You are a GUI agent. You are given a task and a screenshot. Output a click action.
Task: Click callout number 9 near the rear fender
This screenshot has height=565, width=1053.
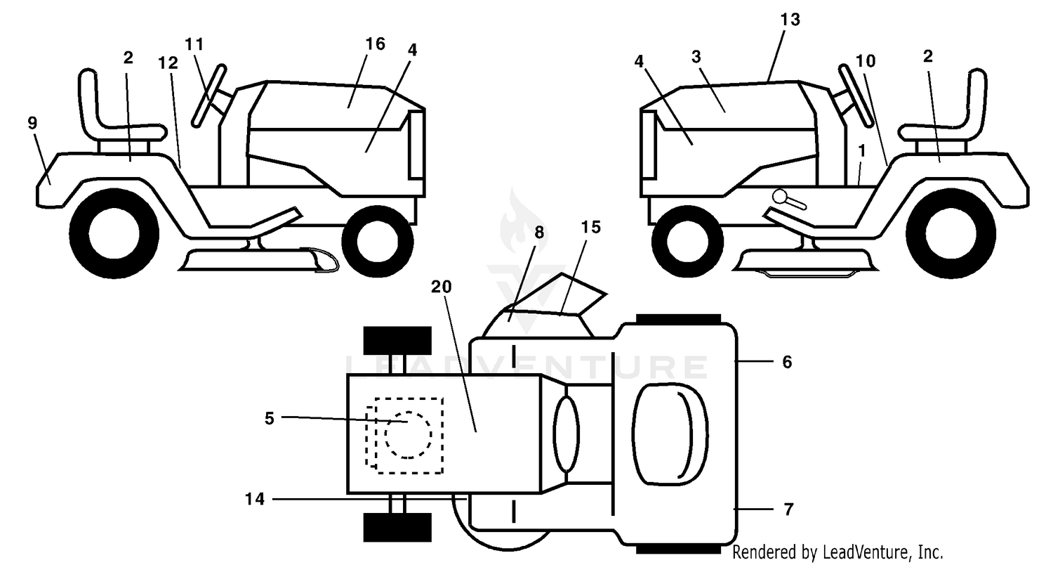point(32,123)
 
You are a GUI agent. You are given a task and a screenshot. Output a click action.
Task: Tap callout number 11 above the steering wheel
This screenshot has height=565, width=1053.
point(194,44)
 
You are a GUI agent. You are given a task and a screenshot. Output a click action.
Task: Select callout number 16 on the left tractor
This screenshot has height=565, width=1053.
point(375,44)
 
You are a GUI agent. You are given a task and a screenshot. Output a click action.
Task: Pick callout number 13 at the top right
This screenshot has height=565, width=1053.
point(790,19)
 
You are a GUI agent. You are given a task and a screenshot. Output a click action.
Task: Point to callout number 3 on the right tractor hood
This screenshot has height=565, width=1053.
point(696,57)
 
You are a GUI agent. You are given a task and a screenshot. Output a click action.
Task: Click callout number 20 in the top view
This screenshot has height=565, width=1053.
point(441,287)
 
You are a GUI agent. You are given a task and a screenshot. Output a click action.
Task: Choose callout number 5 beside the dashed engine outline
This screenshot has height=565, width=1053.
point(269,418)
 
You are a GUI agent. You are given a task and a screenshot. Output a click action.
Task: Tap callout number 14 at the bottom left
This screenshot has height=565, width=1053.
point(255,499)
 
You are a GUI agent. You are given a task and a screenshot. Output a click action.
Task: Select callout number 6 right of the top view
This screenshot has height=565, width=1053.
point(787,362)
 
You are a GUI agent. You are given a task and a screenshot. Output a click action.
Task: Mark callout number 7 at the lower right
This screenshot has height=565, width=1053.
point(788,509)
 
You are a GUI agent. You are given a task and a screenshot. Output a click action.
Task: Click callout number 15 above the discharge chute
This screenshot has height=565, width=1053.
point(590,227)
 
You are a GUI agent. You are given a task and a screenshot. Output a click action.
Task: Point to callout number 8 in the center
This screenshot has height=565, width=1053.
point(538,233)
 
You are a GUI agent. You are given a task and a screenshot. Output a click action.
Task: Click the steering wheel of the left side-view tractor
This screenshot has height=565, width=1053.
point(210,96)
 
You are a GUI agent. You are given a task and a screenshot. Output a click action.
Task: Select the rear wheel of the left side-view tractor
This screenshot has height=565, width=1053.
point(114,233)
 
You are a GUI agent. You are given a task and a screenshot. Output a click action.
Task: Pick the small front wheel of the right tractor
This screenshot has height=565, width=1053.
point(683,241)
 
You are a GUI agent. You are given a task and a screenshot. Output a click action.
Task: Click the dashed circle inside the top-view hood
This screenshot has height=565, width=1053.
point(408,435)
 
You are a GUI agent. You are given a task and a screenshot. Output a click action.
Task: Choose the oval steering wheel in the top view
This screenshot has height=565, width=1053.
point(567,434)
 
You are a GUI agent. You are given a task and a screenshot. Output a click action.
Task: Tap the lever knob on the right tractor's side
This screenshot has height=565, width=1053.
point(780,196)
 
